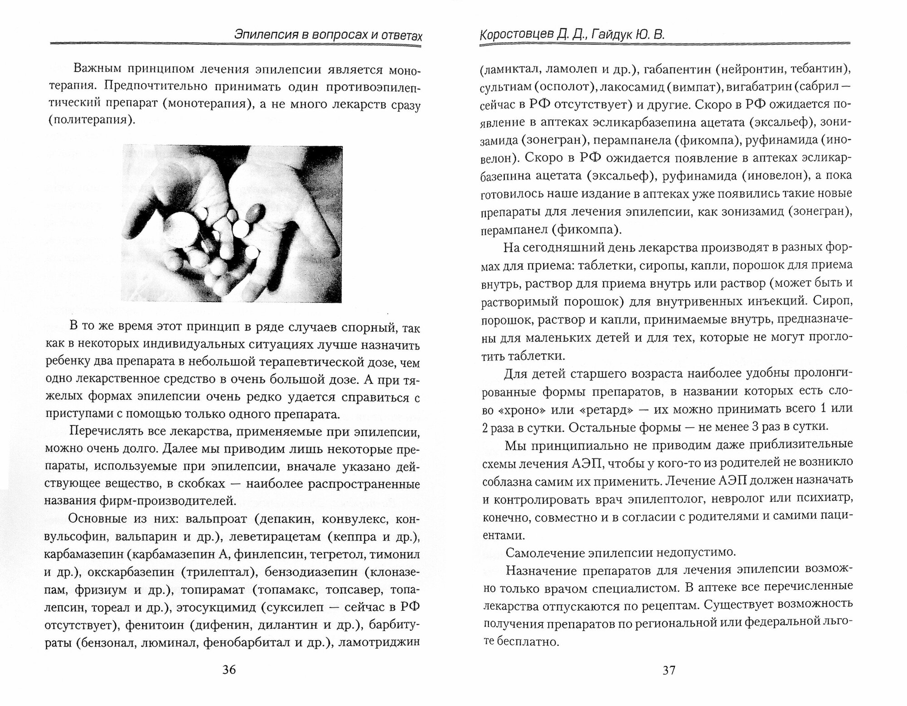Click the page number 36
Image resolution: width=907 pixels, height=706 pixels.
[229, 670]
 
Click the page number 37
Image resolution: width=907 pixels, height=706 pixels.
[669, 670]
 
